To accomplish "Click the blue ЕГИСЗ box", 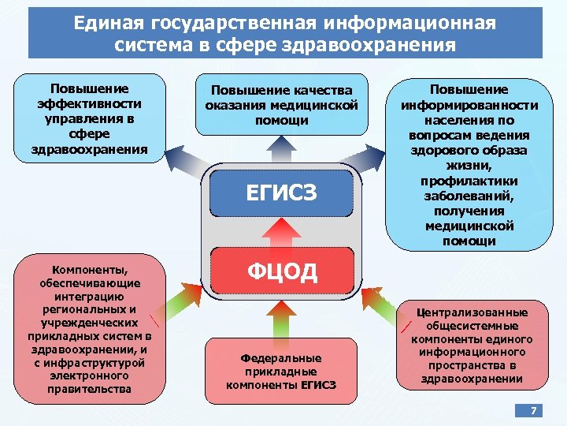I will (282, 192).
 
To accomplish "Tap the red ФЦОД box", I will (282, 272).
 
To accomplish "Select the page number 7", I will (533, 411).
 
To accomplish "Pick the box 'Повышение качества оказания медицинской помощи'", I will (282, 105).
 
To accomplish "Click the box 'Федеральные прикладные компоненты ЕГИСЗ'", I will (282, 371).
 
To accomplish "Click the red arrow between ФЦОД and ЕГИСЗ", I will (282, 232).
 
